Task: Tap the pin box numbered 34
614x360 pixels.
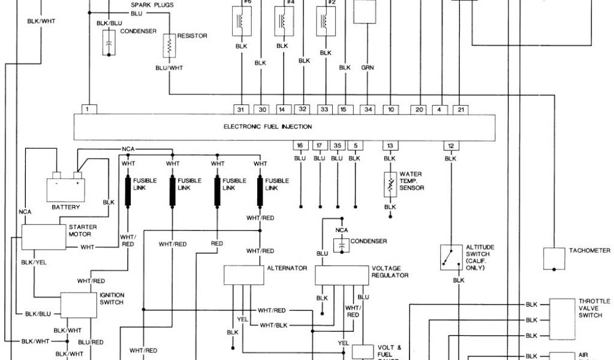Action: coord(368,109)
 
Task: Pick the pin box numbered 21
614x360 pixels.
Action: coord(460,109)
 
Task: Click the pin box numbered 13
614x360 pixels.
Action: coord(390,145)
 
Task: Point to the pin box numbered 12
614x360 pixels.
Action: coord(450,145)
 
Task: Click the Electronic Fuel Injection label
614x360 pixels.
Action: coord(267,127)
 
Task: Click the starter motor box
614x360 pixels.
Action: coord(43,237)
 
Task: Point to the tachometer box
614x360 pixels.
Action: coord(555,259)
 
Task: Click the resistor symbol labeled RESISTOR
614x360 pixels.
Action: coord(170,44)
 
